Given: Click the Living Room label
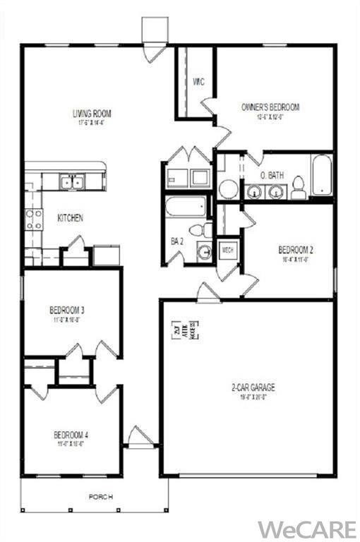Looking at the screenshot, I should pos(92,113).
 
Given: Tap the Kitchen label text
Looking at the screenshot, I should pos(70,218).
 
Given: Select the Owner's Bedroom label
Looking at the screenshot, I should pos(270,107).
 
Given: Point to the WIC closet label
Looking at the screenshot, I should pos(198,82).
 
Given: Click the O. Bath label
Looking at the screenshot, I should pos(272,174).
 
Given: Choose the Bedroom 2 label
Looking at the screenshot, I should pos(295,249).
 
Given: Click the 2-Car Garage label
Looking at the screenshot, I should pos(253,387).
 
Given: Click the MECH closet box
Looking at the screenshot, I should pos(228,249).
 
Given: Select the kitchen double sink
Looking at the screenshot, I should pos(71,181).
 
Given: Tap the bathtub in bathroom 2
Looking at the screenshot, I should pos(186,206).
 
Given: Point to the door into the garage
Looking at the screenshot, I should pos(208,293).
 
